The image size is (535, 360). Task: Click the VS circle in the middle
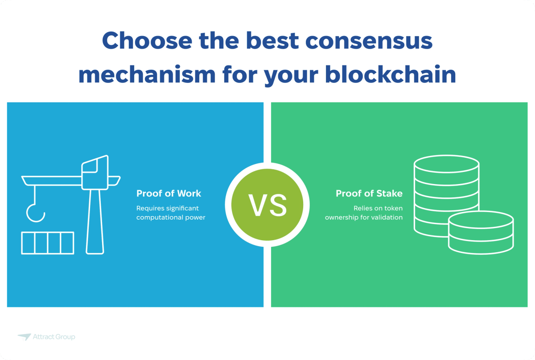267,205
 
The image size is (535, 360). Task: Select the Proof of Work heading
169,193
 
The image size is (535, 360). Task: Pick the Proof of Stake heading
369,193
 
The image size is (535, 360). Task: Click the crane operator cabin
95,172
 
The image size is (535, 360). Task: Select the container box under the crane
48,243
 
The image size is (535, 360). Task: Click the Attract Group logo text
54,337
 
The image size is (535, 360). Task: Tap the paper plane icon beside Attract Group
24,337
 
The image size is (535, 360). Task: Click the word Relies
363,208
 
